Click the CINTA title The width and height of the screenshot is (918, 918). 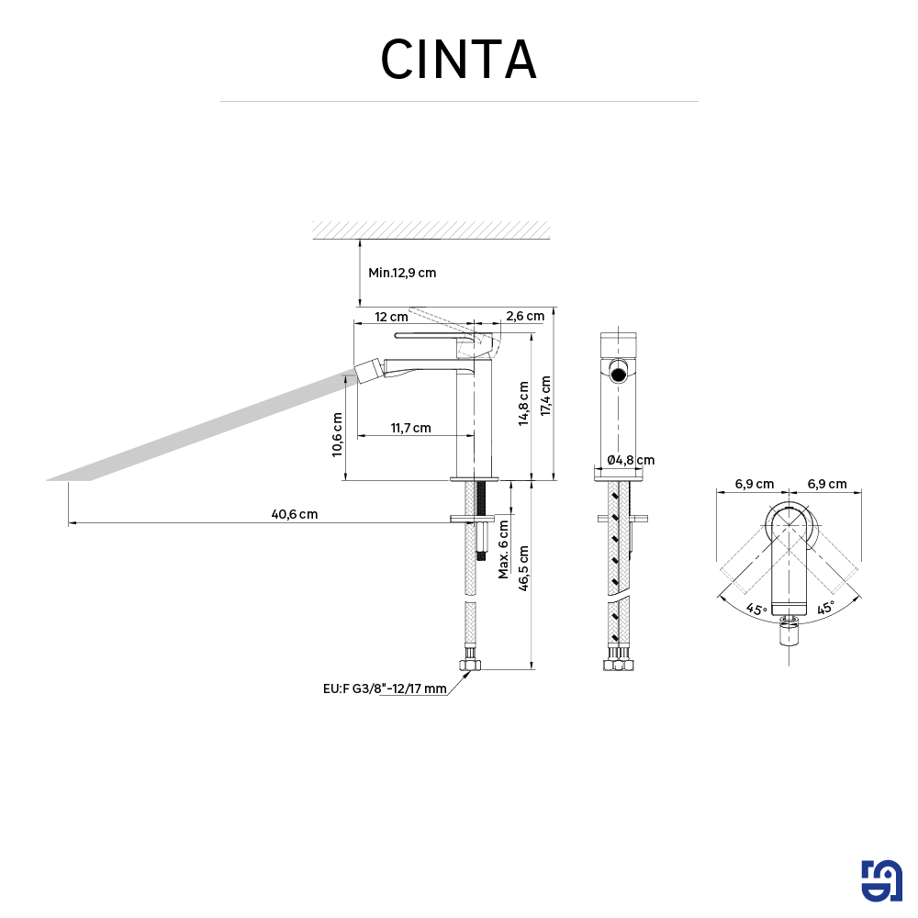(458, 60)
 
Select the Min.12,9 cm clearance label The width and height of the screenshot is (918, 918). (402, 273)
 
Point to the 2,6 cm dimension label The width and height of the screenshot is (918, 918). (525, 316)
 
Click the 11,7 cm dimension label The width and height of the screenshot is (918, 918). (410, 428)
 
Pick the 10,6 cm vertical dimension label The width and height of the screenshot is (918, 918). (338, 434)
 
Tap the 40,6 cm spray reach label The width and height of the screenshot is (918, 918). (295, 514)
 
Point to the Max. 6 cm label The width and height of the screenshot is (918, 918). (503, 548)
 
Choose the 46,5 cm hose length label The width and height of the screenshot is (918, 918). (524, 570)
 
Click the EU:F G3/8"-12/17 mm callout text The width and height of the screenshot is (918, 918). (385, 688)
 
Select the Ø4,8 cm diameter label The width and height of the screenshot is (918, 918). (631, 460)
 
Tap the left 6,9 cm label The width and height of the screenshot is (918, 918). (754, 484)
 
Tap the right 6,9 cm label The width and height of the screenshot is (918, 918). (827, 484)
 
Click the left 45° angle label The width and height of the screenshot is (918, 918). (756, 609)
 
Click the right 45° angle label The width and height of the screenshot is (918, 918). (825, 609)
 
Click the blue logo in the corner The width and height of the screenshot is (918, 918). (882, 881)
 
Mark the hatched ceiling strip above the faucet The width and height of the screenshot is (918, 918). (431, 229)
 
